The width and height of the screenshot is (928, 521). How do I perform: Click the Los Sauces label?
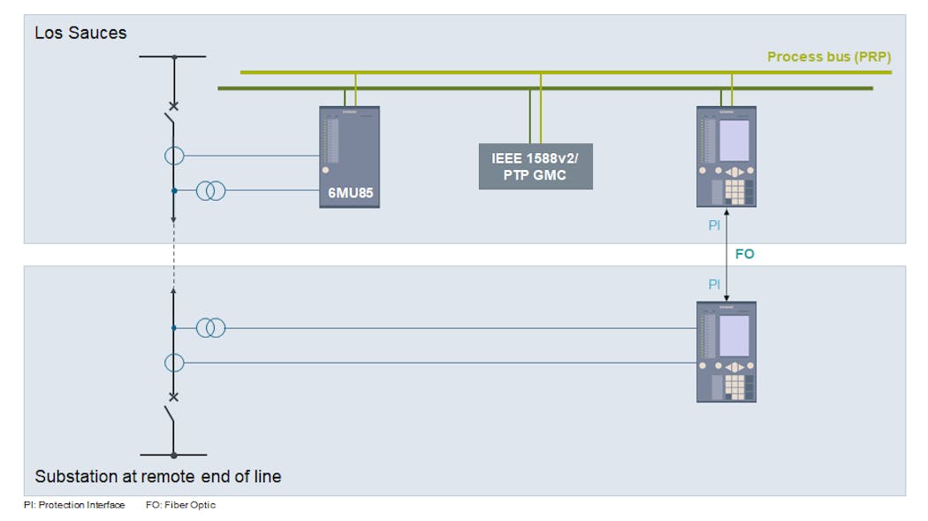click(80, 33)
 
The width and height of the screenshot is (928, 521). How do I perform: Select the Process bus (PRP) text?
click(828, 57)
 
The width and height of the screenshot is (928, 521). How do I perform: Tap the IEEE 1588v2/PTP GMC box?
click(536, 166)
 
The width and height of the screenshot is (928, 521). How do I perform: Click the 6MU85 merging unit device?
click(349, 157)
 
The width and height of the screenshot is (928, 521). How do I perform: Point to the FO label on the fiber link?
click(744, 254)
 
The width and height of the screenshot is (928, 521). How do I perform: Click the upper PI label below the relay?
click(714, 226)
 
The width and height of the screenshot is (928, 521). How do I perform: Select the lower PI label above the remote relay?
click(714, 284)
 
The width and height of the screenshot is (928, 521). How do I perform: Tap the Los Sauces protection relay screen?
click(734, 141)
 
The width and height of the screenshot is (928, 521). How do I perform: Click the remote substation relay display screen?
click(734, 335)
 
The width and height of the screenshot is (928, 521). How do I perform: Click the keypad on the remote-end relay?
click(734, 386)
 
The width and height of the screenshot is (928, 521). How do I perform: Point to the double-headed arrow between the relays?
click(726, 255)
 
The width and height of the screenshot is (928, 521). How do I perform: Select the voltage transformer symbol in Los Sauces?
click(210, 190)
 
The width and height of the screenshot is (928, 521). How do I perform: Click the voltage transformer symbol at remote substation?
click(210, 328)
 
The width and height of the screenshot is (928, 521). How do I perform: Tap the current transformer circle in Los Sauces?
click(174, 156)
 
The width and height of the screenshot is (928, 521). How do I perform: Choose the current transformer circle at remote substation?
click(174, 363)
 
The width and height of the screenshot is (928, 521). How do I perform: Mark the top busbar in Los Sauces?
click(173, 57)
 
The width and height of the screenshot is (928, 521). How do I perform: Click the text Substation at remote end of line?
click(157, 477)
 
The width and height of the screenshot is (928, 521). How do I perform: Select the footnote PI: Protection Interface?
click(74, 505)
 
